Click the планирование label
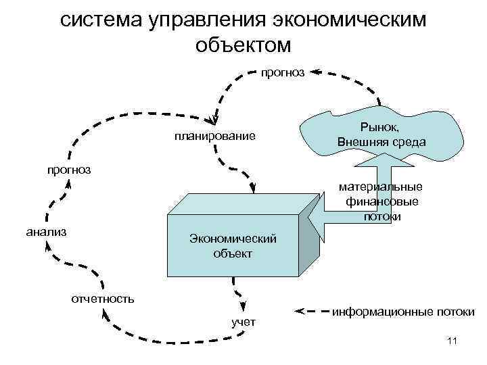(x=214, y=137)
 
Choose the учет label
(x=243, y=321)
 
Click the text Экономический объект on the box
(x=233, y=247)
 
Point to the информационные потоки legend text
(x=403, y=312)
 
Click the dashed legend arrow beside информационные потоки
(x=311, y=312)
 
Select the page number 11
(x=453, y=341)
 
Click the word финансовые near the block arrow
(x=382, y=201)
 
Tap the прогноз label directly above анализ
(x=69, y=169)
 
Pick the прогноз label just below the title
(x=283, y=70)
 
